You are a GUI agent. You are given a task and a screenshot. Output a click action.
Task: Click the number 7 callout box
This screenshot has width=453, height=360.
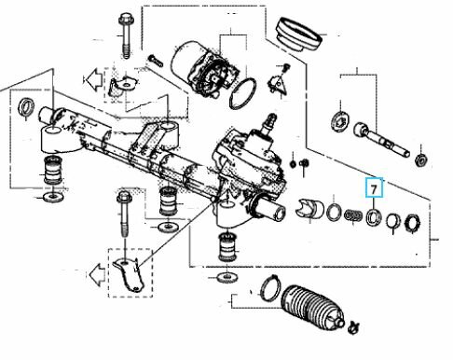coord(374,187)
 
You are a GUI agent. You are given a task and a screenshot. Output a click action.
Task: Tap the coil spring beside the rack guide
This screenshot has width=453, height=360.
coord(353,215)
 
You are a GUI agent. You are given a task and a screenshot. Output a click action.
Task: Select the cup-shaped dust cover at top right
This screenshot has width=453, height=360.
coord(298,35)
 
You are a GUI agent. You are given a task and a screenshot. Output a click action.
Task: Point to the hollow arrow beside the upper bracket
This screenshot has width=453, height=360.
coord(93,79)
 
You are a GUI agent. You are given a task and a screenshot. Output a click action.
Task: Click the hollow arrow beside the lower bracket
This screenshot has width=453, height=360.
coord(97,274)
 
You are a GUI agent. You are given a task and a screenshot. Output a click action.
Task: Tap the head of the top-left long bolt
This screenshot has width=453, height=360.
coord(126,20)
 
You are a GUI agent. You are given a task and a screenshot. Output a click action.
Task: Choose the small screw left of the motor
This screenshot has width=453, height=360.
coord(156,61)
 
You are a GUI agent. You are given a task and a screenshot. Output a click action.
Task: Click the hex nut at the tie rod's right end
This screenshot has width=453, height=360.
coord(422,159)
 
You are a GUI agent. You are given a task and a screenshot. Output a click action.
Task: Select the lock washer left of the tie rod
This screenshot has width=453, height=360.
coord(340,120)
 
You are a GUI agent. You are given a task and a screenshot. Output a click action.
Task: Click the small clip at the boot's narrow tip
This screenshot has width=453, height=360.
coord(354,327)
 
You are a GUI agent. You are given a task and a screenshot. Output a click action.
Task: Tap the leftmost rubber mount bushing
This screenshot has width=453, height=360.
coord(52,171)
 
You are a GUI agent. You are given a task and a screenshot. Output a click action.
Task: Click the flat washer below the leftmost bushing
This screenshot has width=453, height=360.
coord(53,197)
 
